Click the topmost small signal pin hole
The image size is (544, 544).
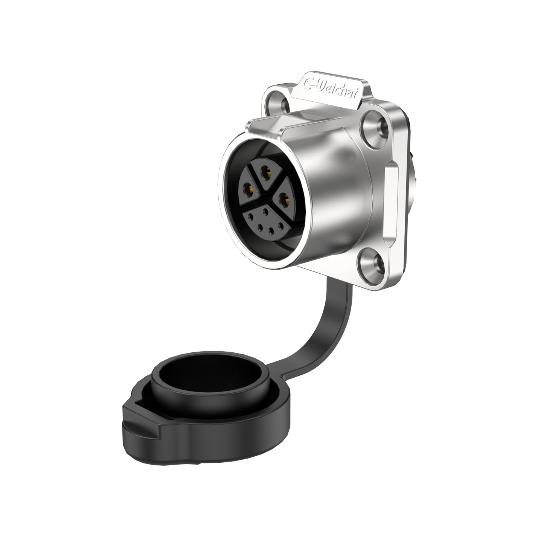pos(266,212)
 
